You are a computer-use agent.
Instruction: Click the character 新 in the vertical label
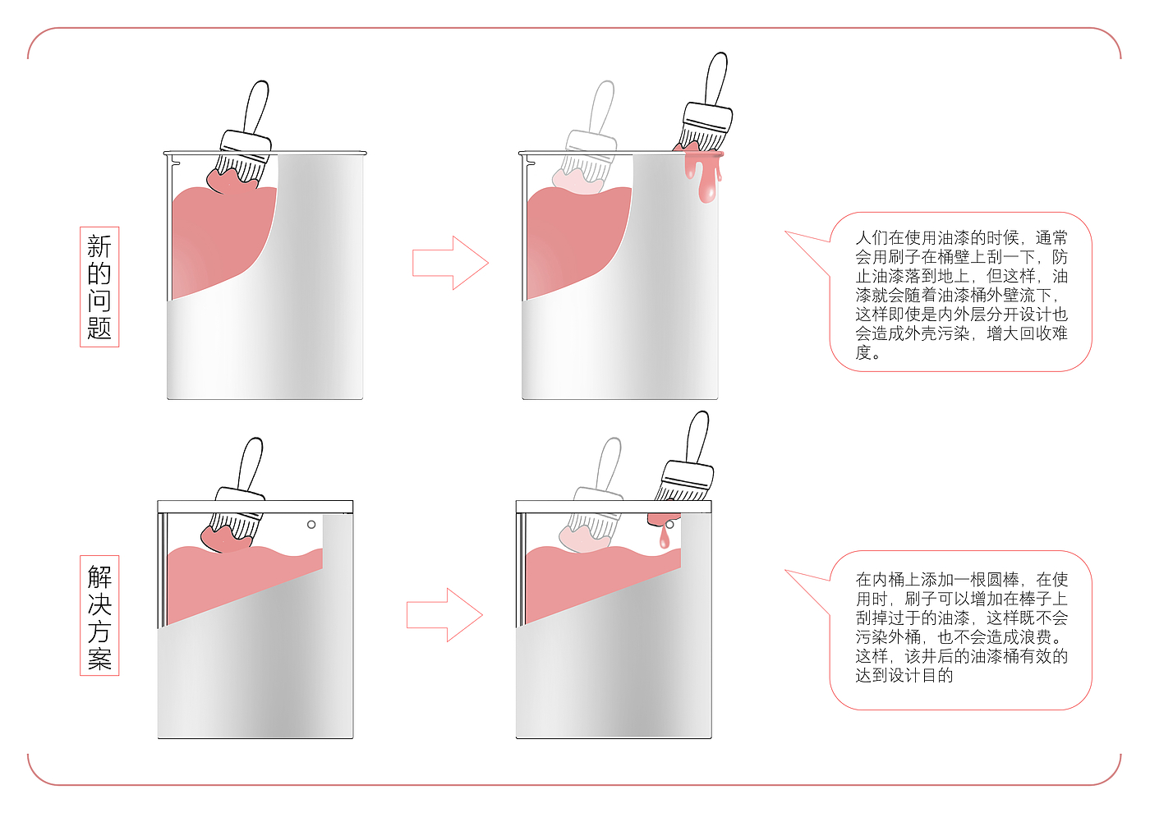pos(99,246)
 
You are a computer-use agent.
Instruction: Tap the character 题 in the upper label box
pos(99,328)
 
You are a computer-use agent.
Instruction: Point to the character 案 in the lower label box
pos(99,659)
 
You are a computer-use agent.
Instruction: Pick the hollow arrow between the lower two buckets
pos(444,614)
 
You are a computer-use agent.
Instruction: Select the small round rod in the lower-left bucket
pos(311,524)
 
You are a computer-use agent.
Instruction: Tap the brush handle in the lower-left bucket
pos(249,464)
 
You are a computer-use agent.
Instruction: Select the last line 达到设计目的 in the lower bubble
pos(904,675)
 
